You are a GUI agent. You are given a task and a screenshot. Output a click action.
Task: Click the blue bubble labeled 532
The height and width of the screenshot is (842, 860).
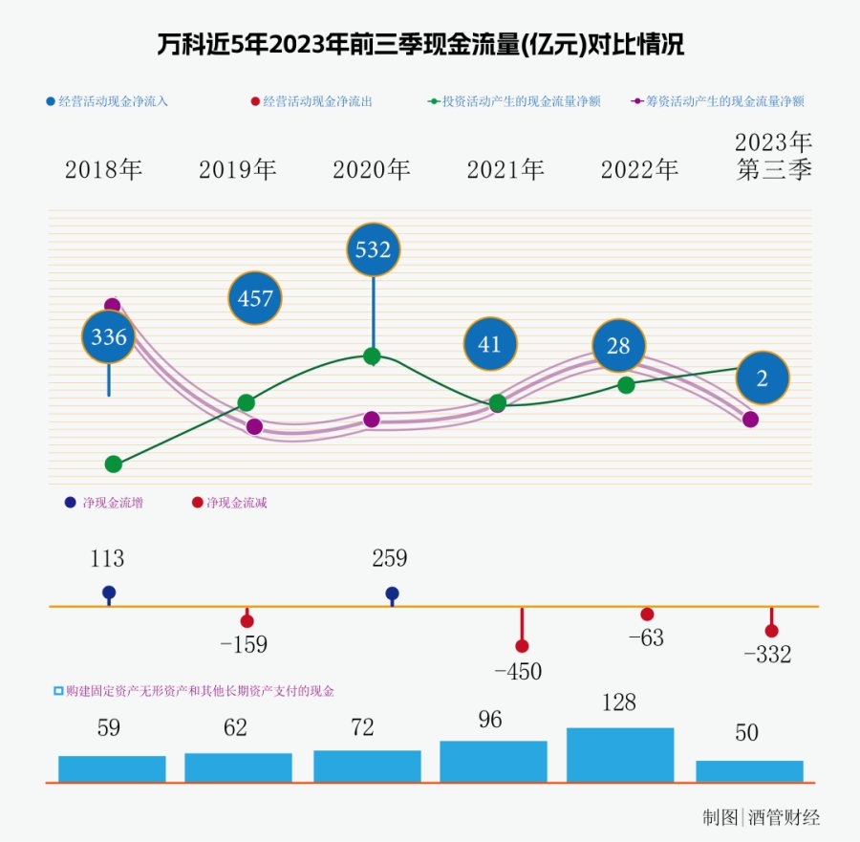(373, 249)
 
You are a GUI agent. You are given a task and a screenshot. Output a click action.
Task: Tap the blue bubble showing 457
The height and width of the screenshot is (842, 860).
(255, 298)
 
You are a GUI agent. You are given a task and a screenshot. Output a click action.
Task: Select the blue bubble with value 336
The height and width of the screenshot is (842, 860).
(109, 336)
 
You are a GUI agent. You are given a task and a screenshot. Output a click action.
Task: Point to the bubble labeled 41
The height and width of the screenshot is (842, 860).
(489, 344)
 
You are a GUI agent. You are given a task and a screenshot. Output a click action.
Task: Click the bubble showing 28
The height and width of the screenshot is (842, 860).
(618, 346)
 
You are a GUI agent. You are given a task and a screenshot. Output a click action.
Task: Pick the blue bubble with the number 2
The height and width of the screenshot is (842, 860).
(762, 378)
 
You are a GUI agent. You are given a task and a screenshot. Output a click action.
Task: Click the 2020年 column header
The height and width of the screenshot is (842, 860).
(372, 170)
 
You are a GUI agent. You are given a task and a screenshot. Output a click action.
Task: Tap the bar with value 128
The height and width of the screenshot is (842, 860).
(620, 755)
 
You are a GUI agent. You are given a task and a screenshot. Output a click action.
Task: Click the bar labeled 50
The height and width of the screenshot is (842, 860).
(749, 771)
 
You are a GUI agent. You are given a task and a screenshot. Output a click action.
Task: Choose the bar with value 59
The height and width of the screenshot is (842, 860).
(112, 768)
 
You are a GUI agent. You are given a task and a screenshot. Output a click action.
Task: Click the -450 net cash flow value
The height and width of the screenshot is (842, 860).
(518, 672)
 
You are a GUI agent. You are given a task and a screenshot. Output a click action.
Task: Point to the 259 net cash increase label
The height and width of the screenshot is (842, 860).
(390, 559)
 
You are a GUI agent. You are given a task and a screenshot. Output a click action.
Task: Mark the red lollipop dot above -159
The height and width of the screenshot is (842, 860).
(247, 621)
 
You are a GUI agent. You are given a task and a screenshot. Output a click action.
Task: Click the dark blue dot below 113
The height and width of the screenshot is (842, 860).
(109, 593)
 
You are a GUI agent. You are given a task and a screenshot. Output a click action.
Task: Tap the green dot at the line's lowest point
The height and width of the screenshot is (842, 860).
(114, 464)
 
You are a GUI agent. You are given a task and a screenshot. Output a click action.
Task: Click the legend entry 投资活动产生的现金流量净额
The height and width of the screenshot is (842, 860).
(521, 101)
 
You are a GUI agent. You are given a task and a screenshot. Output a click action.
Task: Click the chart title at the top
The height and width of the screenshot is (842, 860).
(420, 45)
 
